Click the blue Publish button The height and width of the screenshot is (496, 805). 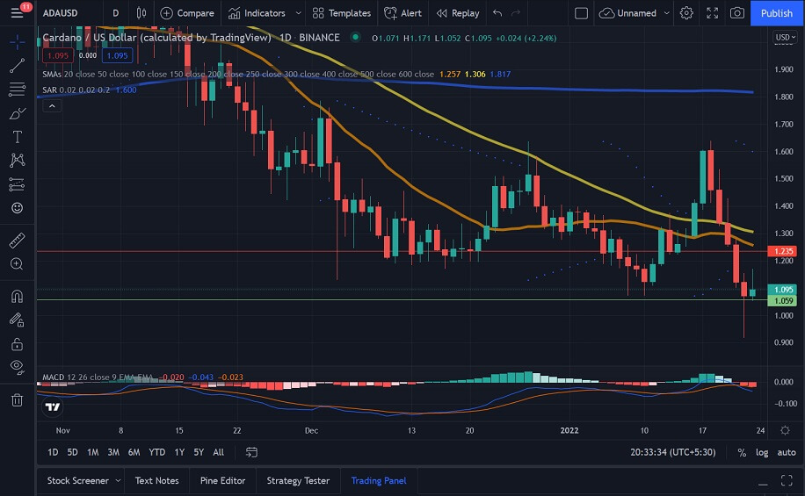[776, 13]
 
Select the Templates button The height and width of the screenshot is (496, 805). [342, 13]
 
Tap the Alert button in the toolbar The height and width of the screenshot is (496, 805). [403, 13]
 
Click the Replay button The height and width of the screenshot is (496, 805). [458, 13]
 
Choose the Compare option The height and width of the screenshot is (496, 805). [187, 13]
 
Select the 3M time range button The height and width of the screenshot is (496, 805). [113, 452]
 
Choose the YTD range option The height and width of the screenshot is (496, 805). [157, 452]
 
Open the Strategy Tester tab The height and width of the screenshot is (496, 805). [298, 480]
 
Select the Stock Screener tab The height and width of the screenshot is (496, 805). [78, 480]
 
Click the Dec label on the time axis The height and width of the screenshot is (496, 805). [312, 431]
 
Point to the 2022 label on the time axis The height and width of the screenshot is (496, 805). [570, 431]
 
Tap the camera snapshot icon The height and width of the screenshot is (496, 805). [737, 13]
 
